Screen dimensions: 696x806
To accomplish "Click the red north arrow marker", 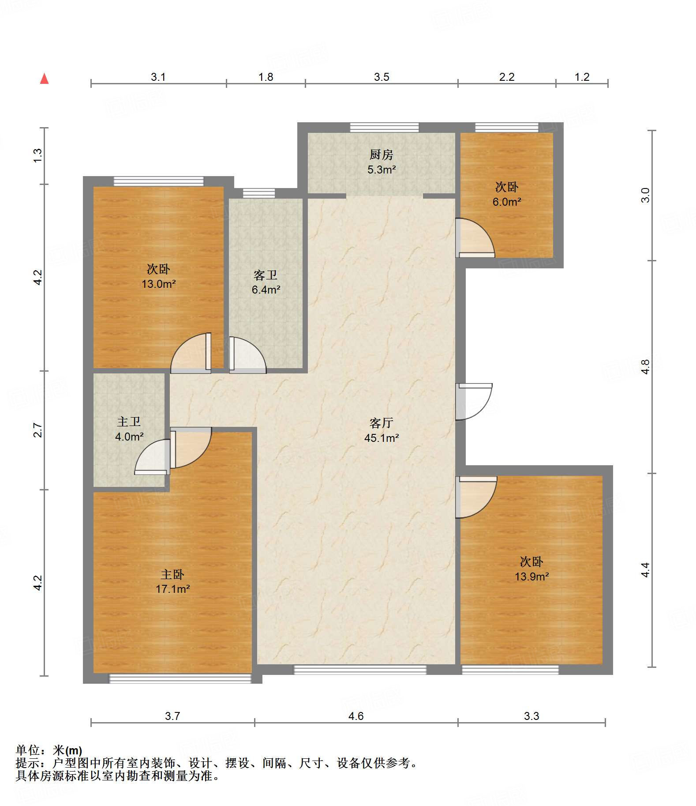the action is pyautogui.click(x=44, y=79).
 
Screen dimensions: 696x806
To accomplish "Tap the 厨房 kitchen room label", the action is pyautogui.click(x=381, y=154).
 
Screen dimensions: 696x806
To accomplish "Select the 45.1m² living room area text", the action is pyautogui.click(x=382, y=438).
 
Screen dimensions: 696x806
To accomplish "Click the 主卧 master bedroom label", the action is pyautogui.click(x=172, y=574).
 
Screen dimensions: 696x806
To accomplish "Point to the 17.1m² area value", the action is pyautogui.click(x=172, y=589).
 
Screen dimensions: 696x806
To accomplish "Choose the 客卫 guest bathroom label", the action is pyautogui.click(x=266, y=275).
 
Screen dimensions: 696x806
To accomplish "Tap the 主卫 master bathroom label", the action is pyautogui.click(x=129, y=422).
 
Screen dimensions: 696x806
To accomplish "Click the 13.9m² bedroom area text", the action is pyautogui.click(x=531, y=576).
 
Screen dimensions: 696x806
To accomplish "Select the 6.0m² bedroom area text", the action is pyautogui.click(x=507, y=202).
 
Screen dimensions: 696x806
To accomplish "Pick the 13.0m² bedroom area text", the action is pyautogui.click(x=158, y=284).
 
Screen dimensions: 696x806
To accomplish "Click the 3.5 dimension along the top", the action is pyautogui.click(x=382, y=77).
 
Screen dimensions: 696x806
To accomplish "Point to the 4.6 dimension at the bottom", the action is pyautogui.click(x=356, y=716).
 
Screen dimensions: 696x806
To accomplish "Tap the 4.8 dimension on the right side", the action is pyautogui.click(x=645, y=367).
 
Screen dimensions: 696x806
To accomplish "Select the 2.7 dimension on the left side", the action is pyautogui.click(x=38, y=430).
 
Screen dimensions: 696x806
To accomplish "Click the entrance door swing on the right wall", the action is pyautogui.click(x=474, y=402).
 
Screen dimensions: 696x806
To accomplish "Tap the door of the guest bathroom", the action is pyautogui.click(x=247, y=355).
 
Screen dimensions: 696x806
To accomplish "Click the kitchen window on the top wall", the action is pyautogui.click(x=384, y=128).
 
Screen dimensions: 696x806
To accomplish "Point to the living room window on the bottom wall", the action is pyautogui.click(x=360, y=670).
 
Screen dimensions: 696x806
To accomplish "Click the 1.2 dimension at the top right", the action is pyautogui.click(x=582, y=77).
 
